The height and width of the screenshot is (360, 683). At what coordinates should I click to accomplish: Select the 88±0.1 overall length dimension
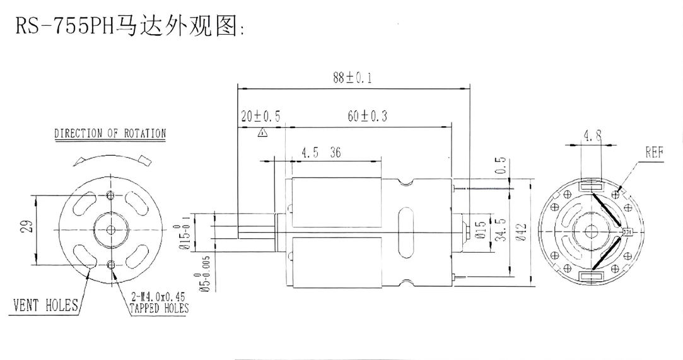coord(353,78)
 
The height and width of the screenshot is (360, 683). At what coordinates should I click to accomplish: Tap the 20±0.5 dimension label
coord(260,117)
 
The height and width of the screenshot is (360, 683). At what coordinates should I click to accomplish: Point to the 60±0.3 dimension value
coord(367,117)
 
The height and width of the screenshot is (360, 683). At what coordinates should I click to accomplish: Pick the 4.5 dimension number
coord(310,153)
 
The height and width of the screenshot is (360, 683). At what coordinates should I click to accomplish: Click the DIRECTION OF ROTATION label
coord(110,134)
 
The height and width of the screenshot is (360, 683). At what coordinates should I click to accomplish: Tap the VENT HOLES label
coord(45,306)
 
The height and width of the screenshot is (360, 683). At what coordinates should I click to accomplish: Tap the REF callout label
coord(655,152)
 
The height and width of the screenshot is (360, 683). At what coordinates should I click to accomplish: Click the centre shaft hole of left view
coord(112,229)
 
